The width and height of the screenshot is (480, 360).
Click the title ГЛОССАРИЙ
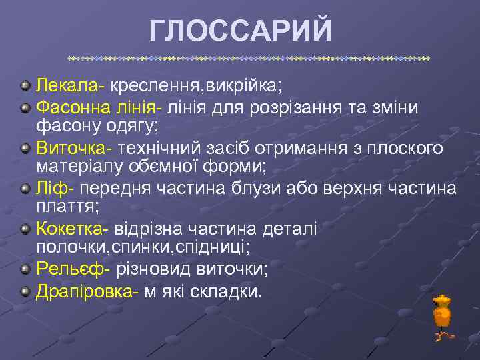[x=240, y=30]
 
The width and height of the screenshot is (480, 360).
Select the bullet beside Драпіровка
[x=25, y=291]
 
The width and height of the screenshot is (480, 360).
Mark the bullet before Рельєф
[x=25, y=271]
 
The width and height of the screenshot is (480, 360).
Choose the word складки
[x=226, y=291]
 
